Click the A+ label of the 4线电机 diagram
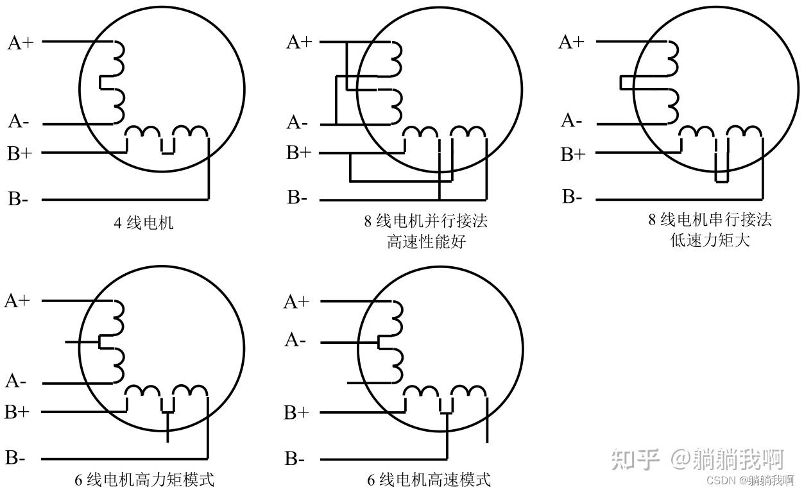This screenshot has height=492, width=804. point(21,43)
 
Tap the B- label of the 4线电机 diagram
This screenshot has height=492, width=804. point(18,199)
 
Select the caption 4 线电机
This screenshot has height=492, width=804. point(143,223)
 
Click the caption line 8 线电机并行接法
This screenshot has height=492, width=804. point(425,221)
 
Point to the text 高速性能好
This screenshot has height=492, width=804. point(425,242)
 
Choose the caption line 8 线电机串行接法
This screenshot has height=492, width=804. point(709,220)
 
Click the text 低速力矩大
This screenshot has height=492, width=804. point(709,241)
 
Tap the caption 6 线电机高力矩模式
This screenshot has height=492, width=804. point(144,479)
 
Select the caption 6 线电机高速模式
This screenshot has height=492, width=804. point(429,479)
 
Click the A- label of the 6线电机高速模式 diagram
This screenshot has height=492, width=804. point(295,340)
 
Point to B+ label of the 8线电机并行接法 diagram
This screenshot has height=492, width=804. point(298,153)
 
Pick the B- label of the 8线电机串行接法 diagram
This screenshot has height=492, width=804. point(572,197)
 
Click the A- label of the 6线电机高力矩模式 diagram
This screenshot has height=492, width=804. point(16,382)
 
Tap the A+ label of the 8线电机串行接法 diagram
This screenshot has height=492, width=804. point(572,42)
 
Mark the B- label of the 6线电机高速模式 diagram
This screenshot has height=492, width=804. point(295,459)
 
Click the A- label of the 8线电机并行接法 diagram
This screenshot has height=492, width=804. point(297,122)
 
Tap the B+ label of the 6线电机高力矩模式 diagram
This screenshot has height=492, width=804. point(17,412)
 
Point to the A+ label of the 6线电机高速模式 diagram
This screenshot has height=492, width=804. point(296,301)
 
